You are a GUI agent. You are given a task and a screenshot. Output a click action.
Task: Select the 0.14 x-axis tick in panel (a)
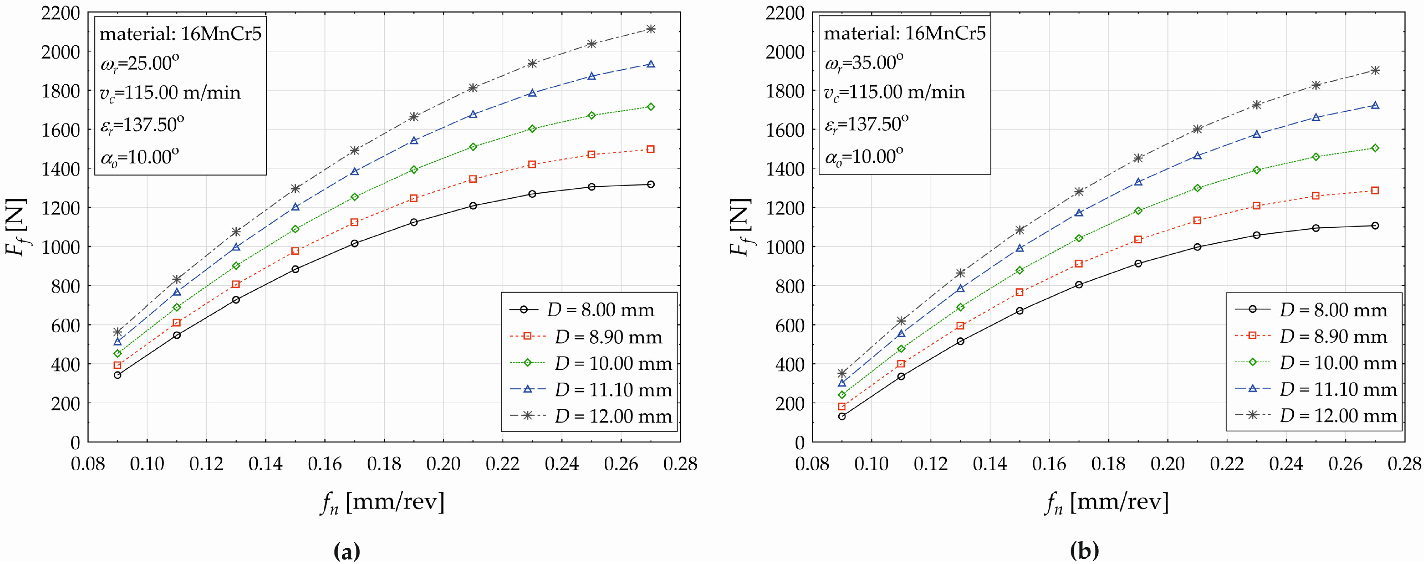[x=265, y=463]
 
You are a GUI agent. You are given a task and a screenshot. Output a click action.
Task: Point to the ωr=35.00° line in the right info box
[x=863, y=63]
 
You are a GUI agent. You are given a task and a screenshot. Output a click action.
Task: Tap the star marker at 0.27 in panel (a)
[x=651, y=29]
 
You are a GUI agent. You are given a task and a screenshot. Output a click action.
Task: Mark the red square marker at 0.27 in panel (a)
[x=651, y=149]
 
